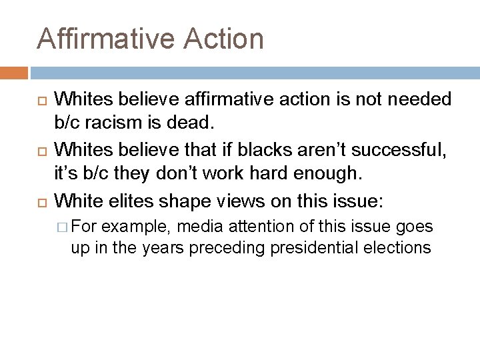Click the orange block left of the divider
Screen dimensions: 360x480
click(x=14, y=72)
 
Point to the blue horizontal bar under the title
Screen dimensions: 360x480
click(x=254, y=72)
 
